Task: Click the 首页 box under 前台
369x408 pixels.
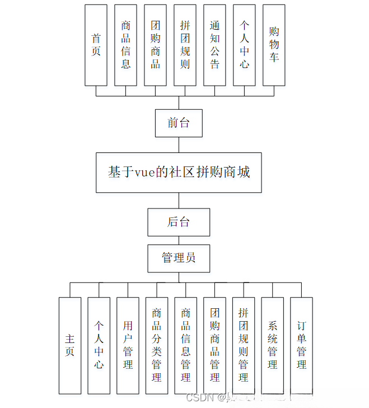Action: point(96,45)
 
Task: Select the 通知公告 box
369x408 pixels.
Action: point(214,45)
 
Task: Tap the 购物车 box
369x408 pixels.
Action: point(274,45)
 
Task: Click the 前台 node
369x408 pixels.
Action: point(179,123)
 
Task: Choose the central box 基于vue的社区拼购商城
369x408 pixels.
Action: point(179,172)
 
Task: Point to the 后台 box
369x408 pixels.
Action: point(179,222)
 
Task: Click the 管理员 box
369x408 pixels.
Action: point(179,258)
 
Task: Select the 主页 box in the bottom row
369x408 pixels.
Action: point(69,345)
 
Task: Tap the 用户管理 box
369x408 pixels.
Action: point(128,345)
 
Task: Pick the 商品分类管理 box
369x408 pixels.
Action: point(157,345)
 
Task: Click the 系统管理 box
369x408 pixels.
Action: point(273,345)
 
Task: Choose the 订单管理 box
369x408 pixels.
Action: point(301,345)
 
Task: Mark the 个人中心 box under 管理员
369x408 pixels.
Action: point(99,345)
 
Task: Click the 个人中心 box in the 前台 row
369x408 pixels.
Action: point(244,45)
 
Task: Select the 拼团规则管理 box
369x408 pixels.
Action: point(244,345)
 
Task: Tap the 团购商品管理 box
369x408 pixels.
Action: point(214,345)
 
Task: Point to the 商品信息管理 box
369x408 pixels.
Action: point(185,345)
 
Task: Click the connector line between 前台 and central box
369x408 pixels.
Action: point(179,145)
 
